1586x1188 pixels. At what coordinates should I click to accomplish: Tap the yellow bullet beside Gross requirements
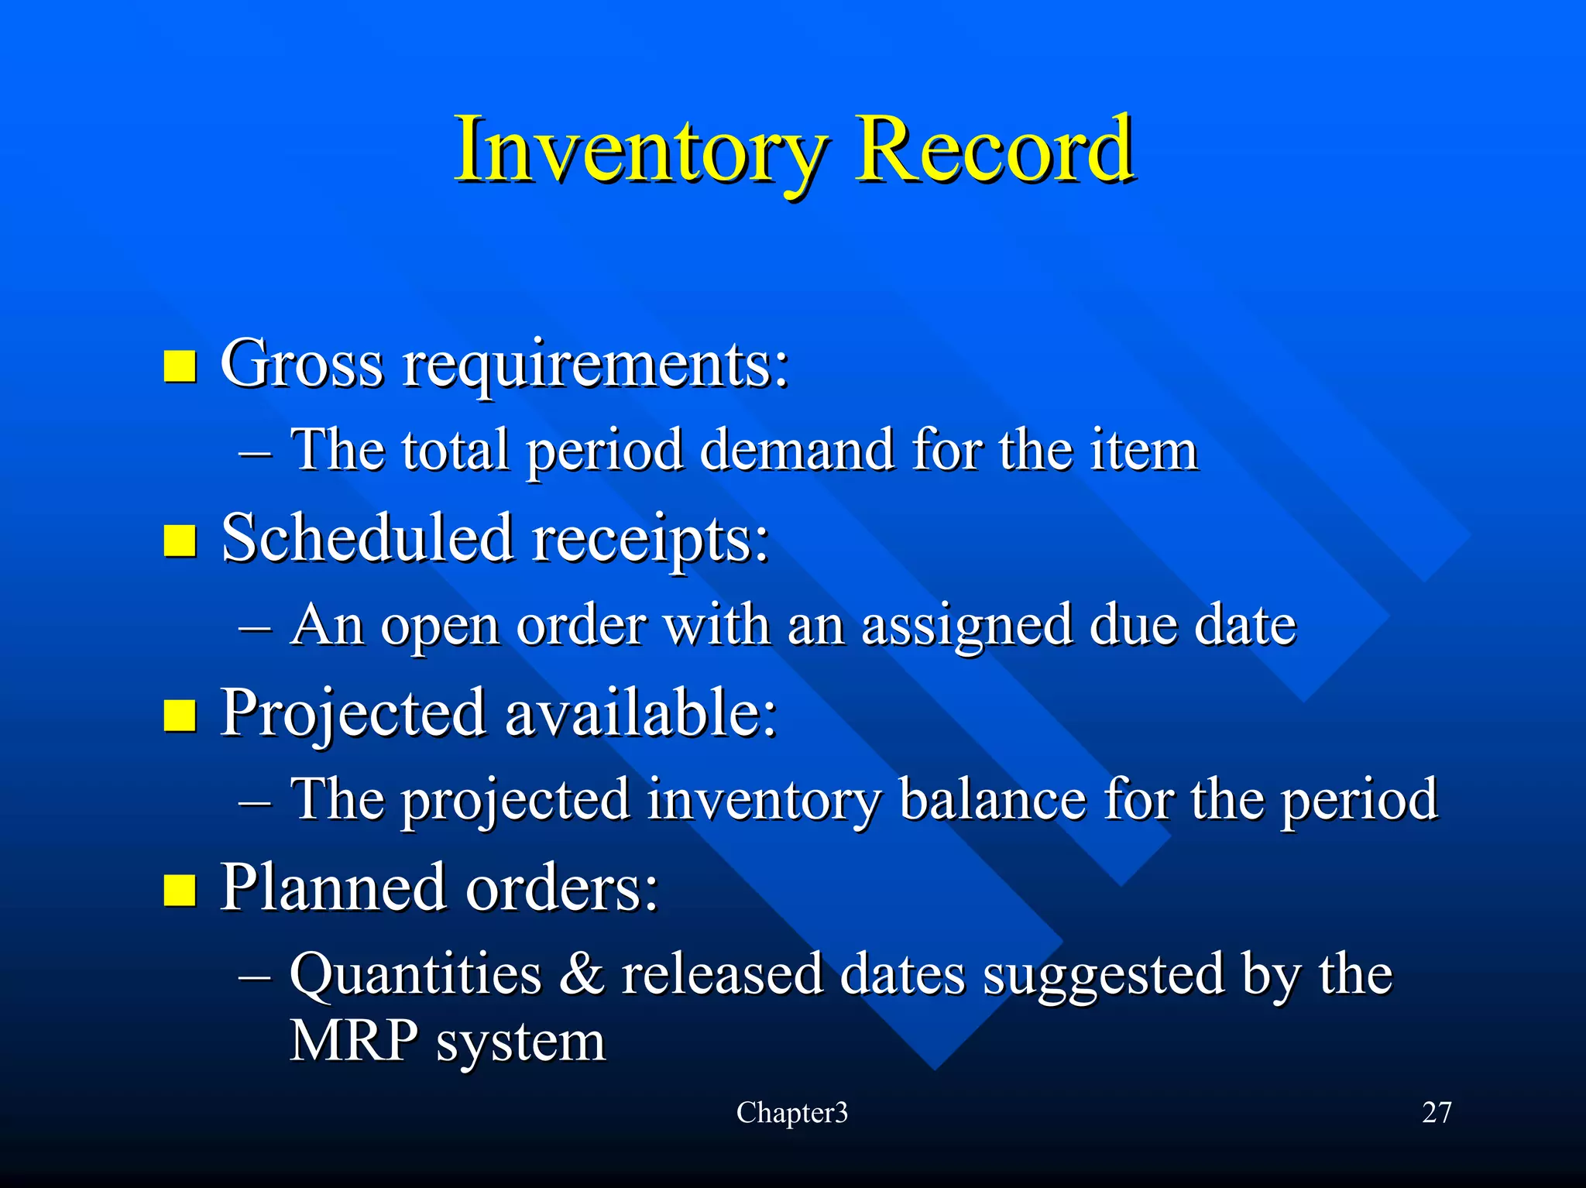click(x=180, y=366)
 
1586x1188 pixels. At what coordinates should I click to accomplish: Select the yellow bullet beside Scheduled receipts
click(x=180, y=541)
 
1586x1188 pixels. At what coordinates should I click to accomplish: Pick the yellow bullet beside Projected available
click(x=180, y=715)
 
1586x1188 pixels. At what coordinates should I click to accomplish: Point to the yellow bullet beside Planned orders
click(x=180, y=889)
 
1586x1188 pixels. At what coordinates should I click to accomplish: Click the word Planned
click(x=334, y=886)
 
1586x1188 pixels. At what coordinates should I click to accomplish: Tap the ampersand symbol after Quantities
click(x=581, y=973)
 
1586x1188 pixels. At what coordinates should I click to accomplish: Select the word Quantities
click(x=415, y=974)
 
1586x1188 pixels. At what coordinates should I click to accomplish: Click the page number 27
click(x=1437, y=1112)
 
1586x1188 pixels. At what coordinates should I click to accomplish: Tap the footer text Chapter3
click(x=791, y=1112)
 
